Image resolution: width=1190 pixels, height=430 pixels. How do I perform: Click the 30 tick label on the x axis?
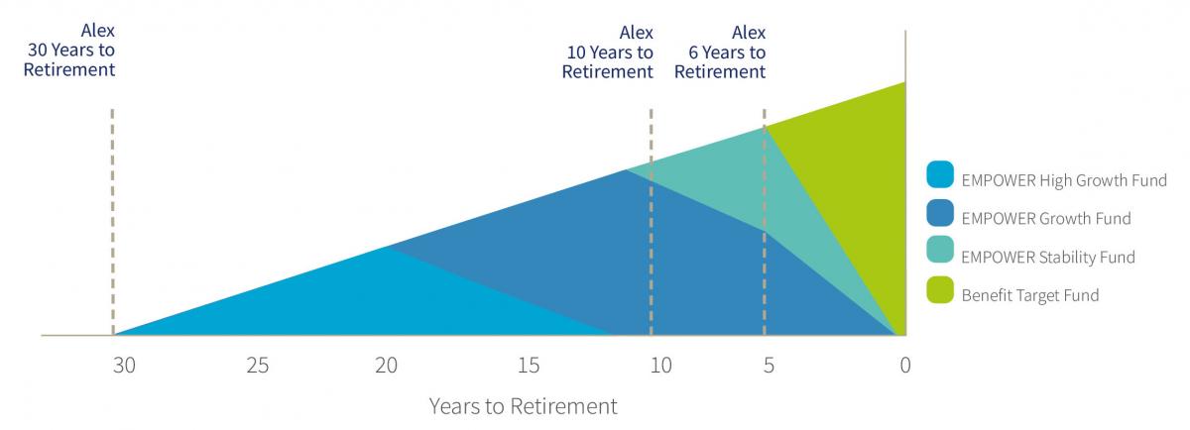point(124,366)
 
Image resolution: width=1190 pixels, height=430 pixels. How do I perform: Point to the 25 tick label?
point(258,366)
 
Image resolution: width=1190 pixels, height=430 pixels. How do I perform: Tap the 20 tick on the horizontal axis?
point(386,366)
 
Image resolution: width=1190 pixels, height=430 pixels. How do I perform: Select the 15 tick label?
point(530,366)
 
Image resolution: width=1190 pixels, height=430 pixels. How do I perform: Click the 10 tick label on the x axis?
point(661,366)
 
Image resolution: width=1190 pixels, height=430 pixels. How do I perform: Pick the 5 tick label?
point(769,366)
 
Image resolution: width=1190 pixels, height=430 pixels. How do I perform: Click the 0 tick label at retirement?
point(905,366)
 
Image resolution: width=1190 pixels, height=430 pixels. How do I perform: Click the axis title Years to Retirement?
point(524,406)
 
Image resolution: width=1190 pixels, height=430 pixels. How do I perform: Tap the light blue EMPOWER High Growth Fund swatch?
point(940,174)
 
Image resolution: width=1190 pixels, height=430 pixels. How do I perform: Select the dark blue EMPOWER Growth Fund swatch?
point(940,213)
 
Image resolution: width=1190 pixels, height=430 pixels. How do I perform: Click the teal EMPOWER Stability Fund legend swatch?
point(940,250)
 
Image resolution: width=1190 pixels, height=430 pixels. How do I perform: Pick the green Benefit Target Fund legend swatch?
point(940,290)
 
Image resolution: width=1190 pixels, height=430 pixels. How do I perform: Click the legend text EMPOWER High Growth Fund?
point(1064,180)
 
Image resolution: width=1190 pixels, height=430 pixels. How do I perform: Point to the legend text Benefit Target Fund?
point(1030,295)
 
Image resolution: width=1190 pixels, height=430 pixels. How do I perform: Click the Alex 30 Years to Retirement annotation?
point(69,50)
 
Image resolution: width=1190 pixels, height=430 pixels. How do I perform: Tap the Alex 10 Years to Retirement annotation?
point(608,53)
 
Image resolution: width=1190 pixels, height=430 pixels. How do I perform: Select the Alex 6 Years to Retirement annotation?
point(720,53)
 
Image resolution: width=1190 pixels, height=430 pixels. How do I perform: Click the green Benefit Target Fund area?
point(861,175)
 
